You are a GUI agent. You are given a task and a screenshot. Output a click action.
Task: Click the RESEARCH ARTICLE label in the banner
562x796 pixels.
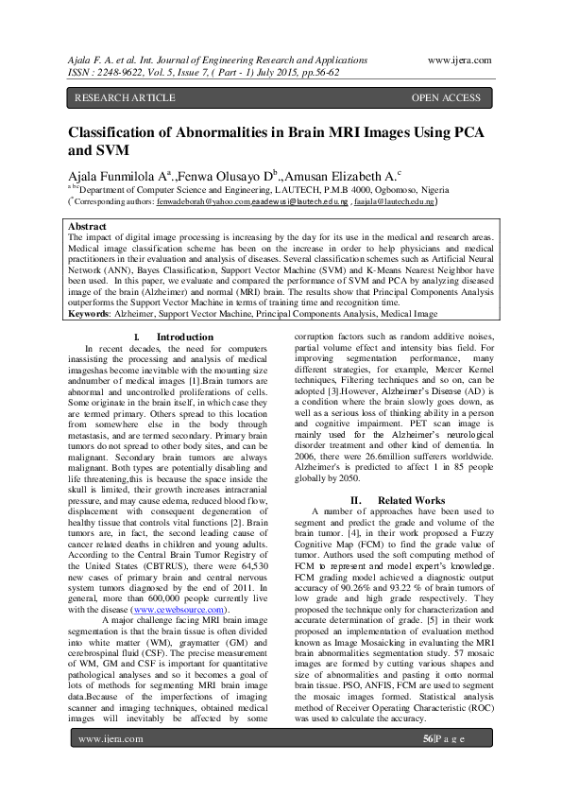[x=124, y=97]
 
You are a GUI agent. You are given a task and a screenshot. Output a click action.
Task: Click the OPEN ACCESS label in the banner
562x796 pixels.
[x=446, y=97]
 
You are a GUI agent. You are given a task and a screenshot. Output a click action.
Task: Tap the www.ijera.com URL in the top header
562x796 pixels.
[x=459, y=59]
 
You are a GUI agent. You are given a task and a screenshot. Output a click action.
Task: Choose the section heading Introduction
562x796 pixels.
[x=185, y=337]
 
